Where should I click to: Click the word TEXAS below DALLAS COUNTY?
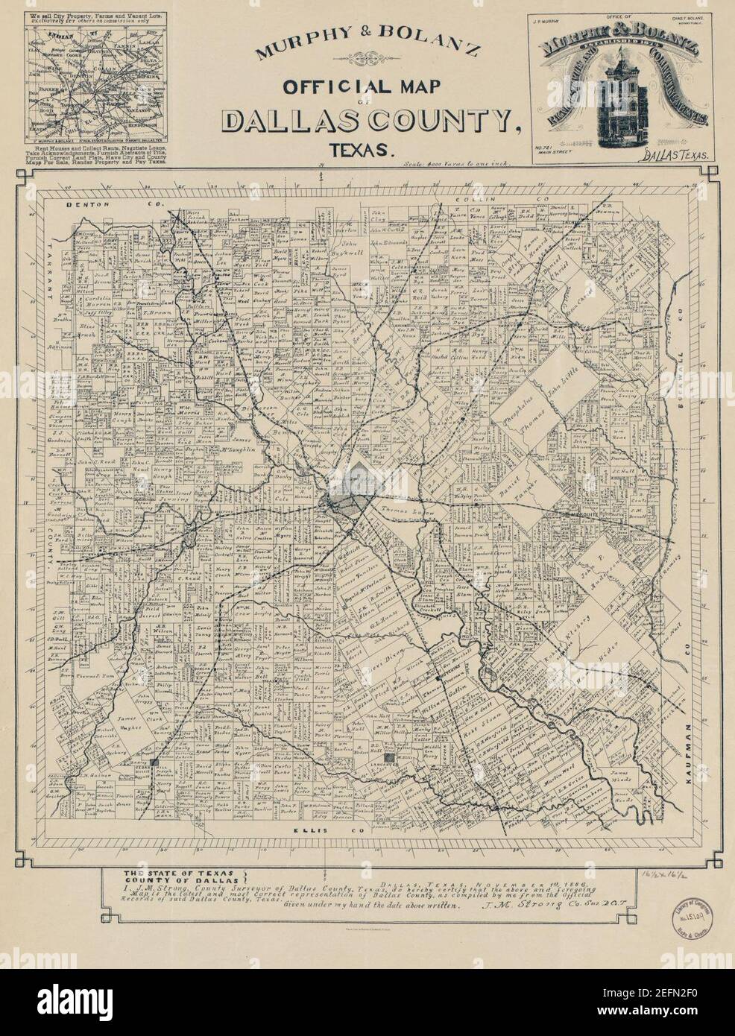(x=365, y=148)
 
